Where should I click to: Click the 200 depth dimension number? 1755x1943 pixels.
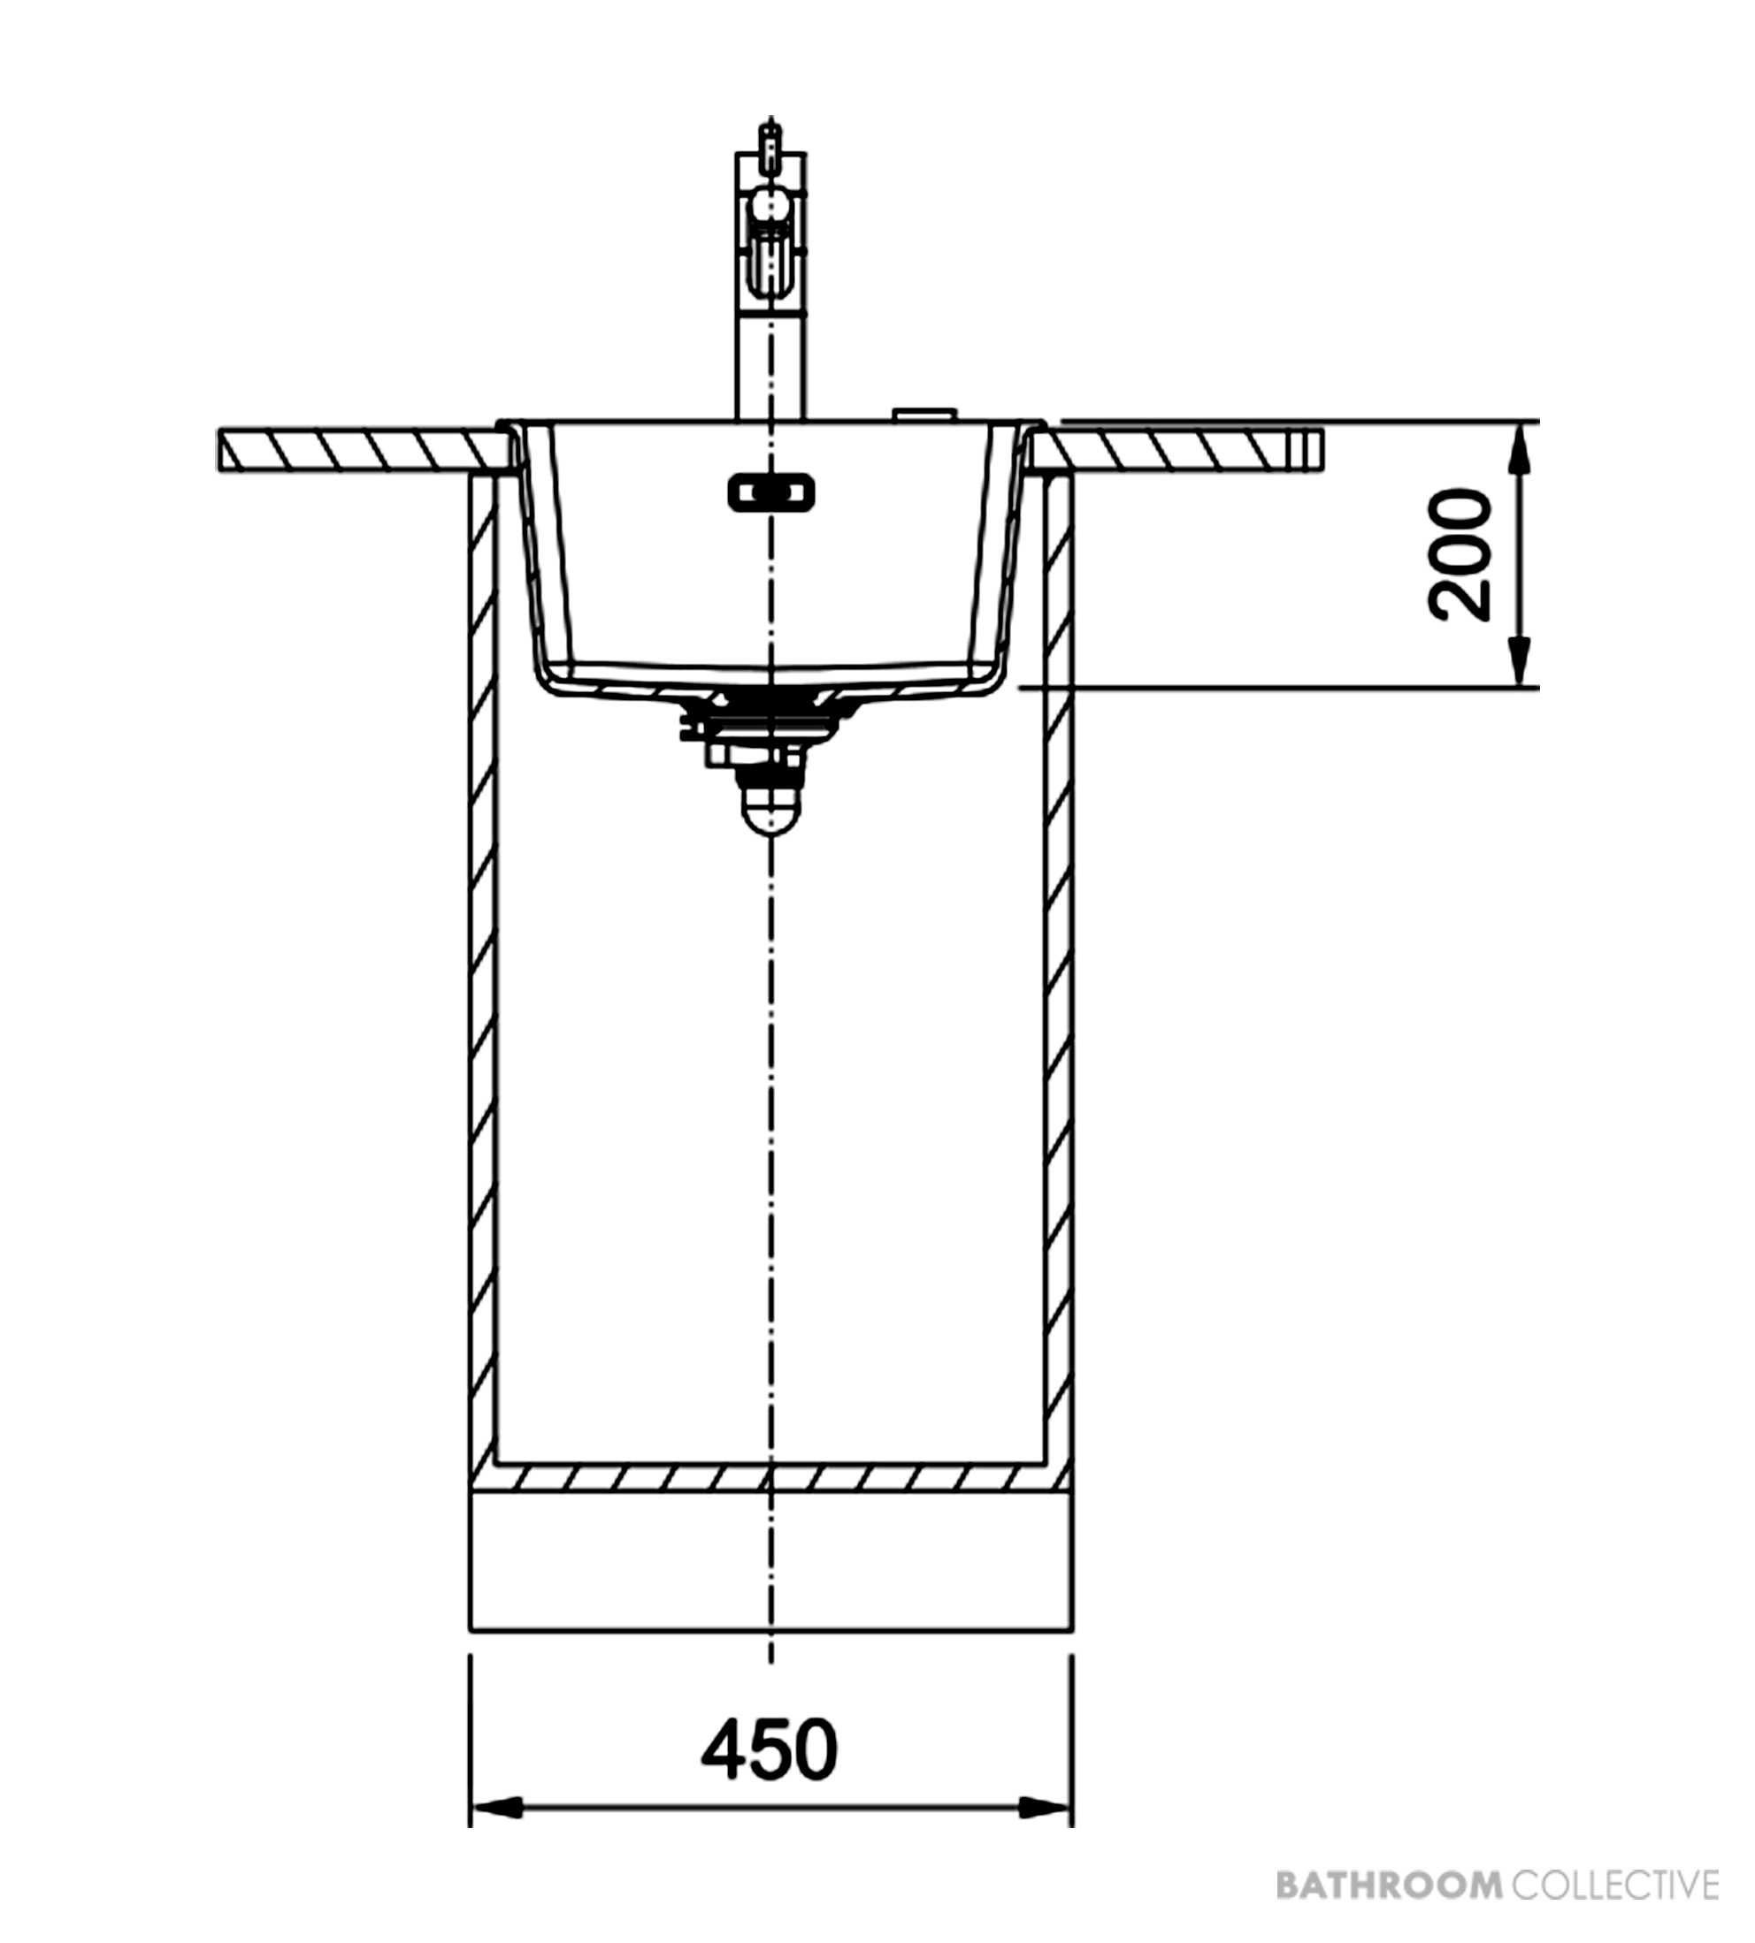click(1459, 555)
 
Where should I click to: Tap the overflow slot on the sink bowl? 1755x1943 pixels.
click(770, 493)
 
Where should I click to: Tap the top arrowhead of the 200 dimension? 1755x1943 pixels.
click(1519, 449)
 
